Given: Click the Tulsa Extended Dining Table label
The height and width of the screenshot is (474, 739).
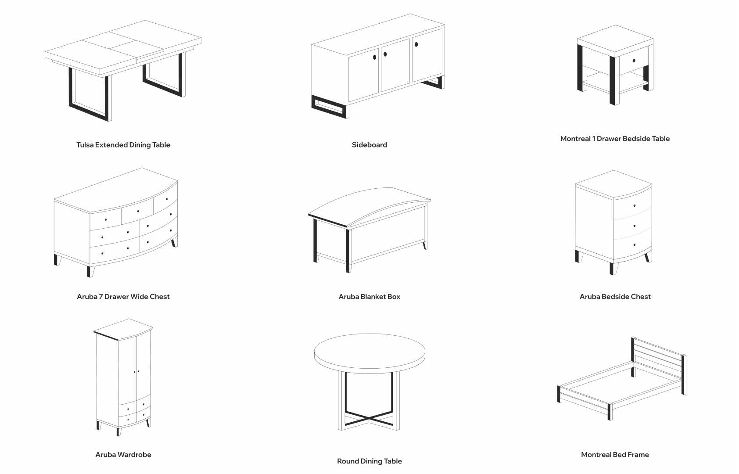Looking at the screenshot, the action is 123,145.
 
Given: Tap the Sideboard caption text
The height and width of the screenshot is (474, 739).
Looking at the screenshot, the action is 369,145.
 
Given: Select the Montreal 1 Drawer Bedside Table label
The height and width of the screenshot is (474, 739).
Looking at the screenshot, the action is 615,139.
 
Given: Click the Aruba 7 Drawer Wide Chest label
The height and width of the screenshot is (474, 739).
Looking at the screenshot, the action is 123,297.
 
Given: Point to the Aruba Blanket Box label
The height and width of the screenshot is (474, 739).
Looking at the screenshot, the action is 369,297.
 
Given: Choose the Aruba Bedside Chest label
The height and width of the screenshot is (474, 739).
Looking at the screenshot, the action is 615,297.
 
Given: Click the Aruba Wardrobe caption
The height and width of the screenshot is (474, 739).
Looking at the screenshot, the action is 123,455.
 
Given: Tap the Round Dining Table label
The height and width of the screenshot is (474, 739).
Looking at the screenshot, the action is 369,461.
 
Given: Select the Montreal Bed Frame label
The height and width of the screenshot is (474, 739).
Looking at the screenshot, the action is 615,455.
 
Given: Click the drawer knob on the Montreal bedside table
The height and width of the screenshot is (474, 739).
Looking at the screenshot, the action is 634,61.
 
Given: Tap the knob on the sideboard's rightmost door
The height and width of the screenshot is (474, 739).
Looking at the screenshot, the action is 416,44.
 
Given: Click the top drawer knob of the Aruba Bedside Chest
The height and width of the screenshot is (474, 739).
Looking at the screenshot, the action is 635,206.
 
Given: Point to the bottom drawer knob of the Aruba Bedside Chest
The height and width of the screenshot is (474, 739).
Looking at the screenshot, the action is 635,245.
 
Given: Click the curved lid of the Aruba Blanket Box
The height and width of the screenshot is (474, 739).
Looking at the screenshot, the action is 369,205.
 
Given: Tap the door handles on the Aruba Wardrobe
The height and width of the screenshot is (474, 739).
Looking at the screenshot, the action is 136,372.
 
